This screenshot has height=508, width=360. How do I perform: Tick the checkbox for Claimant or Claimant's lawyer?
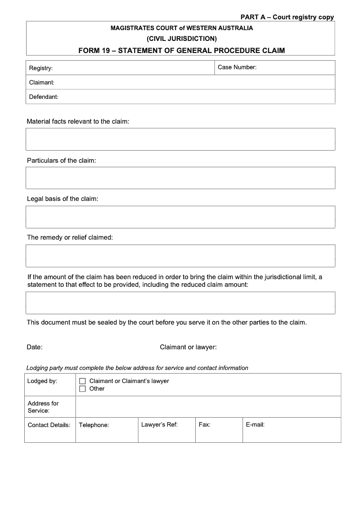(x=82, y=381)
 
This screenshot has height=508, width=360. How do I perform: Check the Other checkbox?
(x=82, y=389)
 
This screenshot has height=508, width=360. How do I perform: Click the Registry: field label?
(x=41, y=68)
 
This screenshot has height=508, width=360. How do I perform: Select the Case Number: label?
(x=237, y=67)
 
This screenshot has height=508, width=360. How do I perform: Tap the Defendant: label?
(x=44, y=97)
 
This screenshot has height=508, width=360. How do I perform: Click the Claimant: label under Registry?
(x=42, y=83)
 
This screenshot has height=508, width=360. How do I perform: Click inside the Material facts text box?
(x=180, y=139)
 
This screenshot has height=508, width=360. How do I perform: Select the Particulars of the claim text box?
(x=180, y=178)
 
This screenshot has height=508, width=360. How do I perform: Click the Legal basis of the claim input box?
(x=180, y=217)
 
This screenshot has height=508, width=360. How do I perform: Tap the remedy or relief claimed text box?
(x=180, y=256)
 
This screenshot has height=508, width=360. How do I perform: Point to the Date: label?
(x=35, y=347)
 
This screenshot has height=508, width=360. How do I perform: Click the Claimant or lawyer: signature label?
(x=188, y=347)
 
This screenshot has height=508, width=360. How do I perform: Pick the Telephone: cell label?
(x=94, y=425)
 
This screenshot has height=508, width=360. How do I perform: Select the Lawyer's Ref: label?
(x=159, y=424)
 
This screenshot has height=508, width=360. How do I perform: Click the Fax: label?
(x=204, y=424)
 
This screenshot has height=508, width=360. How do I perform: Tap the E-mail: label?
(x=255, y=424)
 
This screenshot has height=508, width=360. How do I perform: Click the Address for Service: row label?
(x=43, y=407)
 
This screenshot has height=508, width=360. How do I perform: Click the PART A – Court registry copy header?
(x=287, y=17)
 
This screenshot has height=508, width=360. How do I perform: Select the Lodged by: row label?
(x=42, y=381)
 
